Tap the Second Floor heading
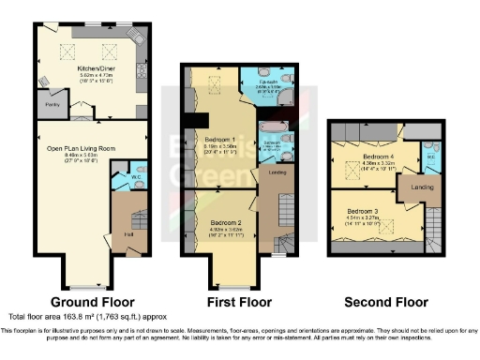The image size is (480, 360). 386,302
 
